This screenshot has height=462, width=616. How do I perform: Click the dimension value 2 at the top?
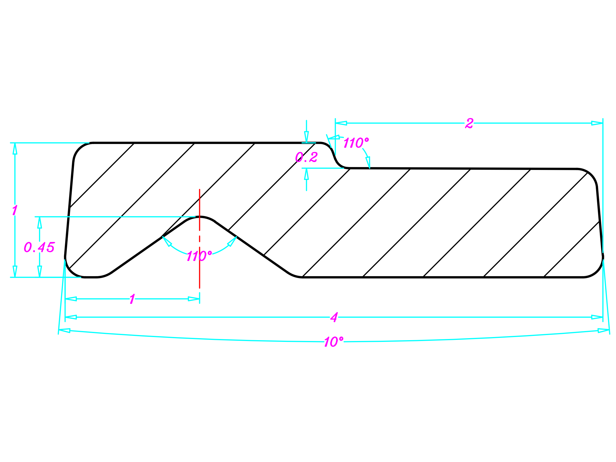coord(469,123)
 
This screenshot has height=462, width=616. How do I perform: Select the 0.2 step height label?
coord(306,157)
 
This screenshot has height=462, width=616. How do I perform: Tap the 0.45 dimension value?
coord(39,247)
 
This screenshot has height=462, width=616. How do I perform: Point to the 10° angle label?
coord(333,342)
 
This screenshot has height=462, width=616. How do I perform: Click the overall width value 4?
coord(334,317)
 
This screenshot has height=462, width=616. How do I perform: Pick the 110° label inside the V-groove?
coord(199,256)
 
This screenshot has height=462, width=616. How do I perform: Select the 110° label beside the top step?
coord(356,143)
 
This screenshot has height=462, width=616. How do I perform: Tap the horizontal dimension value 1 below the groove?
coord(132,299)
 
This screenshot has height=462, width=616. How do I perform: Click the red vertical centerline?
coord(200,268)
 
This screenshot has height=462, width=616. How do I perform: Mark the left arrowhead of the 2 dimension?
coord(341,123)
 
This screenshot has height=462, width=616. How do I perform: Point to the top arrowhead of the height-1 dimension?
coord(15,148)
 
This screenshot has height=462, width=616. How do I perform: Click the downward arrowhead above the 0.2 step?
coord(306,137)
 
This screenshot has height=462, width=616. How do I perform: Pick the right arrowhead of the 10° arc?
coord(603,331)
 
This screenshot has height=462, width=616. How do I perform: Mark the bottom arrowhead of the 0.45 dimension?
coord(40,271)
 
